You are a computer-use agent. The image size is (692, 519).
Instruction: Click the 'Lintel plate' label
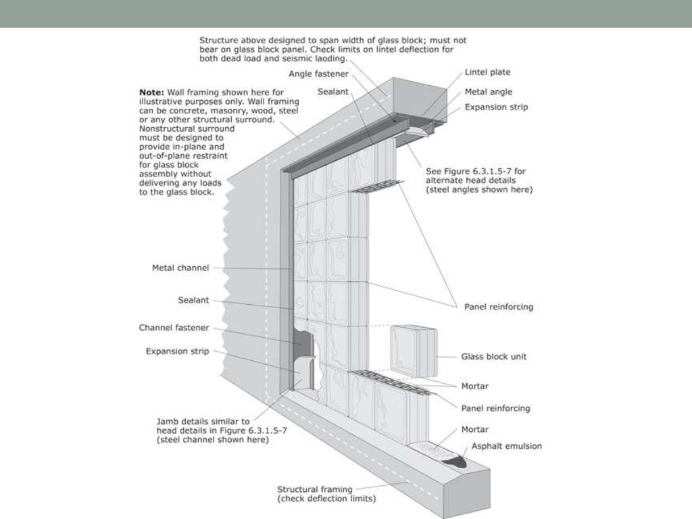click(x=487, y=72)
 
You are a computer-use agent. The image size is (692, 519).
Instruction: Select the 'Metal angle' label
click(x=488, y=91)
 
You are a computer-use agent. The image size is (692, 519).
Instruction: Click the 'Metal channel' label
click(x=180, y=268)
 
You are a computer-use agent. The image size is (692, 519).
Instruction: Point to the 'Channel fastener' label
click(x=174, y=328)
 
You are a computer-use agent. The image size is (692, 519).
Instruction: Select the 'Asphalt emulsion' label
click(x=502, y=446)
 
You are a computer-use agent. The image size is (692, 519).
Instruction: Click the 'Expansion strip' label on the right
click(x=496, y=107)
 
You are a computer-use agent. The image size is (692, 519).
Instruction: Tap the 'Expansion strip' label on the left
click(x=178, y=351)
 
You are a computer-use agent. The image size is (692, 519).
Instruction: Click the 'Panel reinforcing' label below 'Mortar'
click(x=496, y=408)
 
